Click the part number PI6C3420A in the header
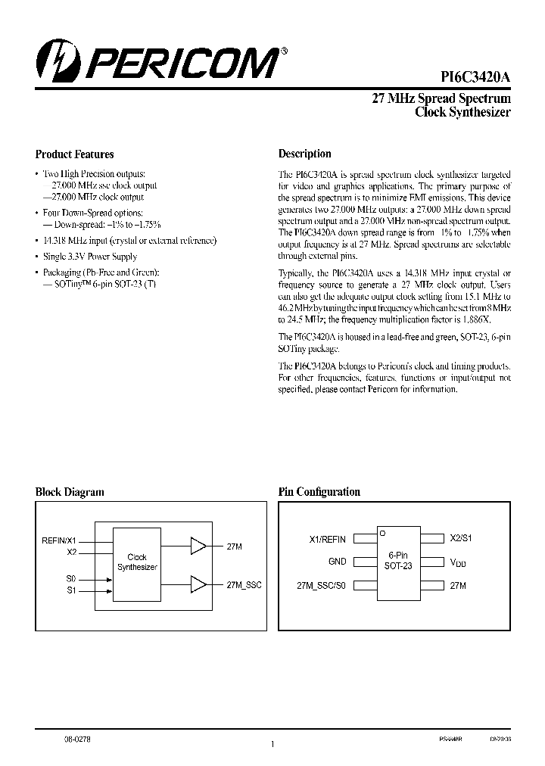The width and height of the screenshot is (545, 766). (476, 76)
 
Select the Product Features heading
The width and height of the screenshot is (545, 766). (74, 154)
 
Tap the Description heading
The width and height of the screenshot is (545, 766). (304, 154)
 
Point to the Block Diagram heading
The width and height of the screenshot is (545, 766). (70, 492)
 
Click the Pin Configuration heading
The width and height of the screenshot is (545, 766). (319, 492)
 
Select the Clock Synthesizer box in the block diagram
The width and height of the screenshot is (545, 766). (137, 562)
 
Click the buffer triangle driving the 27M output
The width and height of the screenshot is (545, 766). (198, 545)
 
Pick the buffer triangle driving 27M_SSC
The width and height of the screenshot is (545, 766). (198, 584)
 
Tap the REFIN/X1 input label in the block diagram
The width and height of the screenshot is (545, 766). (58, 540)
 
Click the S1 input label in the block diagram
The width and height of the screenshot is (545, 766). (71, 590)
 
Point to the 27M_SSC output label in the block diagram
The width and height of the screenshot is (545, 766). (244, 585)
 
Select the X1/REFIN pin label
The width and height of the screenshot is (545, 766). (327, 539)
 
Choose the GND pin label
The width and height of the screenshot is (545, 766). (337, 562)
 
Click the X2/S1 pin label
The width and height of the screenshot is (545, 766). (461, 538)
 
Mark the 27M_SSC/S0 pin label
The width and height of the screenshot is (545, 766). (321, 585)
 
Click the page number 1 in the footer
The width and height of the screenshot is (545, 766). (272, 745)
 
